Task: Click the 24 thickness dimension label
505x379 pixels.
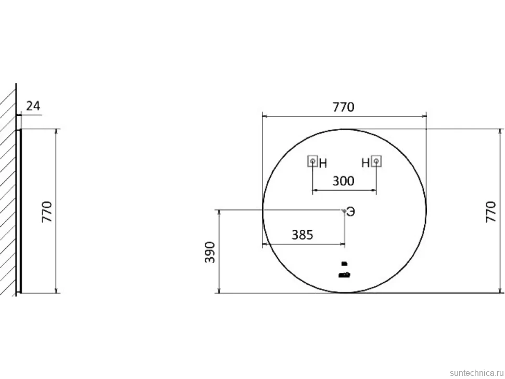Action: click(x=33, y=106)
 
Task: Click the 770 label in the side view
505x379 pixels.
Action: click(x=47, y=211)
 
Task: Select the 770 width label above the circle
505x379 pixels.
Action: click(x=343, y=107)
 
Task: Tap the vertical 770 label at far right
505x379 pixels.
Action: click(x=490, y=211)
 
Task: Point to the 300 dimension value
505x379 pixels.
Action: click(x=343, y=181)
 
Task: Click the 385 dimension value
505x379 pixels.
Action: click(x=302, y=235)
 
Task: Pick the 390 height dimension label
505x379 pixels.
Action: click(x=210, y=252)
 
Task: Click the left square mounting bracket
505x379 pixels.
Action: click(x=313, y=161)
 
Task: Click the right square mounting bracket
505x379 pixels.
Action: click(x=376, y=161)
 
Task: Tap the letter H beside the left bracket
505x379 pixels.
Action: click(x=323, y=163)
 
